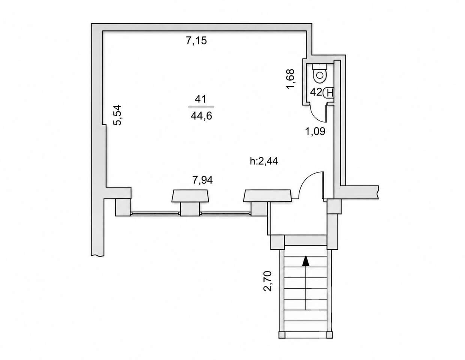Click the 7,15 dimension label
coord(196,41)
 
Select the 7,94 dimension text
coord(202,180)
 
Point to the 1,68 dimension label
coord(291,79)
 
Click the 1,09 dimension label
coord(315,131)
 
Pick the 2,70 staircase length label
coord(268,281)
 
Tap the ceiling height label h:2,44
coord(264,161)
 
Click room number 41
coord(200,99)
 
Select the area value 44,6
coord(201,116)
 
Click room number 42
coord(316,92)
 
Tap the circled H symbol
coord(329,93)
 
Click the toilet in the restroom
coord(320,73)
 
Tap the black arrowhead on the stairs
coord(306,261)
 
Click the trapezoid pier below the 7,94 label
coord(190,196)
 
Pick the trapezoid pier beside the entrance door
coord(268,196)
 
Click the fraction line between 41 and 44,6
coord(201,107)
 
